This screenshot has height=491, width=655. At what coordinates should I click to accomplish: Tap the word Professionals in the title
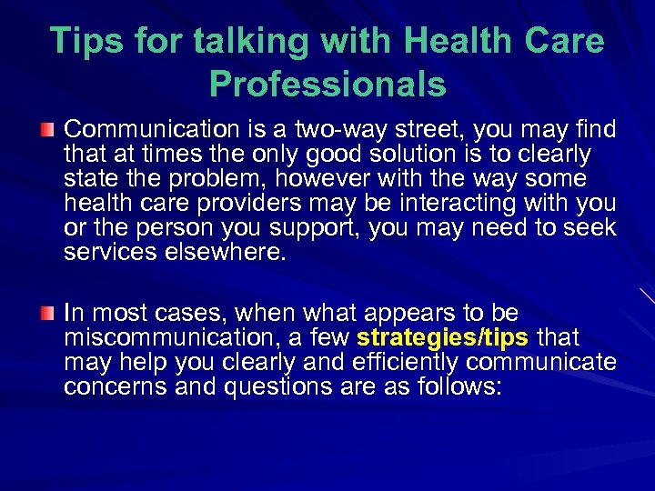click(327, 85)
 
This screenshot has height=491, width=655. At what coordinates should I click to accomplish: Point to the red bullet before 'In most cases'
click(48, 314)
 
